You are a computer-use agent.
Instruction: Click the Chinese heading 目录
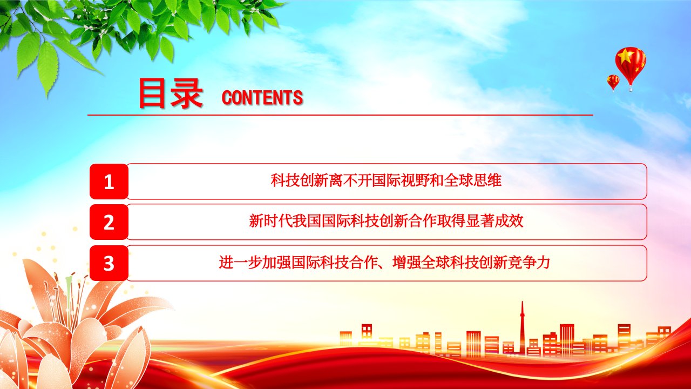171,93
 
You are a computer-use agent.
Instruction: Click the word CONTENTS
262,98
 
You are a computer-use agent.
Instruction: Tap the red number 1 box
109,182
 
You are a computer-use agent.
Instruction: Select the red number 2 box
109,222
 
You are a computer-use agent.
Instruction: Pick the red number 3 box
109,263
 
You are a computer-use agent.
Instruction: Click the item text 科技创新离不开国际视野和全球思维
386,180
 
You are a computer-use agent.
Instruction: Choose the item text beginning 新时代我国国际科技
386,221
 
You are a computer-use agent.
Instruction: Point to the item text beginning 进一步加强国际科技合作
384,263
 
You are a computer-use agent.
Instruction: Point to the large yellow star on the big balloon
625,56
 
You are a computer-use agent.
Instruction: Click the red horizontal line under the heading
340,115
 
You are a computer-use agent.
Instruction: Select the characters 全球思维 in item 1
472,180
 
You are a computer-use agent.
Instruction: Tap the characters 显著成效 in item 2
494,221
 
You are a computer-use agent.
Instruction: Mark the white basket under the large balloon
631,89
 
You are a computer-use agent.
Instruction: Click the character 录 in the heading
187,93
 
